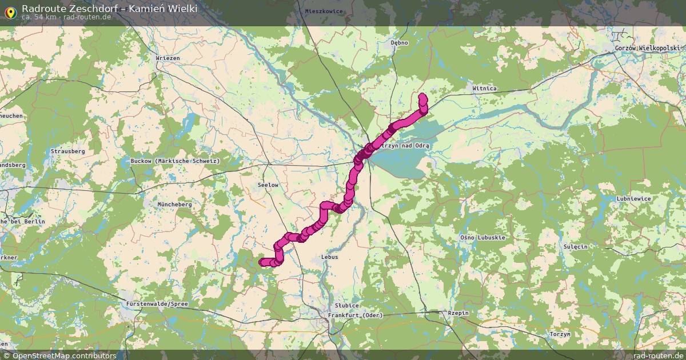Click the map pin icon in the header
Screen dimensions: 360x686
[x=10, y=11]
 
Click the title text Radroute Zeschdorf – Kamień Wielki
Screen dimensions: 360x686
[x=109, y=8]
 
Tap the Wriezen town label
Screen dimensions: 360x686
[x=167, y=58]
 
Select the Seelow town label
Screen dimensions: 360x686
[x=268, y=185]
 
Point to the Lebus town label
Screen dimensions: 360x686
[x=330, y=257]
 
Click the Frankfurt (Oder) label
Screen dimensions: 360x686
[x=355, y=315]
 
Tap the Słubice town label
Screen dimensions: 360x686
[x=347, y=306]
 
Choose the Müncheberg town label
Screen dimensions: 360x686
[x=174, y=204]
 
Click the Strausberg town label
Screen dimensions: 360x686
[x=67, y=151]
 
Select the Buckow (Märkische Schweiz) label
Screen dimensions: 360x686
[x=175, y=161]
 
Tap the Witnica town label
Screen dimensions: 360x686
[x=484, y=89]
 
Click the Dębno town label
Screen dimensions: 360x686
[x=399, y=42]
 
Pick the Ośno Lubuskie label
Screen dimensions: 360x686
[x=482, y=237]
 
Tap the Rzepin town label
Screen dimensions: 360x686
[x=458, y=313]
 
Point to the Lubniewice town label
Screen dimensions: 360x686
[x=633, y=199]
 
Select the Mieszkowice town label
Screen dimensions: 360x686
[x=324, y=11]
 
